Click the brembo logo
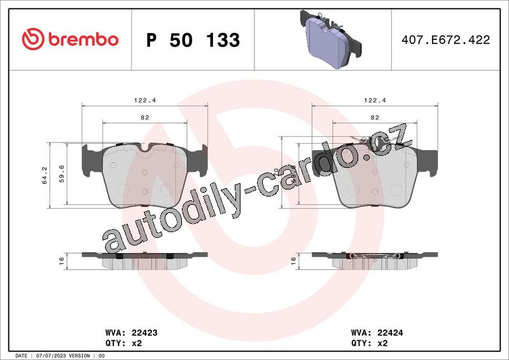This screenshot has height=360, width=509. pyautogui.click(x=70, y=39)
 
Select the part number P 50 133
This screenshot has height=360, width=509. pyautogui.click(x=193, y=40)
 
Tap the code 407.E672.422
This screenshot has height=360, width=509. pyautogui.click(x=446, y=40)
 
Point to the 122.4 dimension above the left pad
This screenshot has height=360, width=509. pyautogui.click(x=145, y=100)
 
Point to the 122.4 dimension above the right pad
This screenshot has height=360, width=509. pyautogui.click(x=375, y=100)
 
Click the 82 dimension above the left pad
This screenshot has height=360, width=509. pyautogui.click(x=145, y=118)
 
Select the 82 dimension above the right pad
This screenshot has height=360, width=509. pyautogui.click(x=375, y=118)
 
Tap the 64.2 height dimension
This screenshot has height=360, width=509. pyautogui.click(x=45, y=176)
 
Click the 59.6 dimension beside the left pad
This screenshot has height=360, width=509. pyautogui.click(x=62, y=174)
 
